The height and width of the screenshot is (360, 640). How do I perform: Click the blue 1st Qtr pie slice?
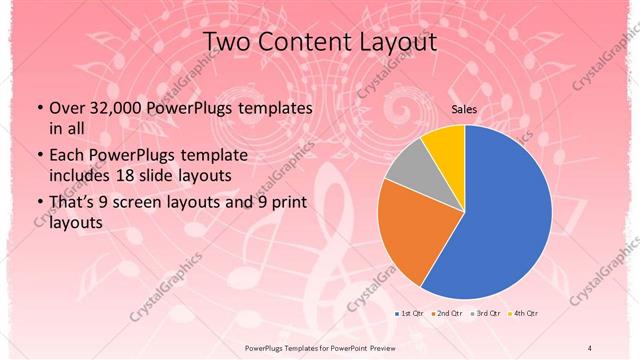[505, 215]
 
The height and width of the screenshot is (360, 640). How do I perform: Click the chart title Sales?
[464, 109]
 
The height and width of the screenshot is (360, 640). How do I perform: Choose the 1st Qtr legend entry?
[409, 313]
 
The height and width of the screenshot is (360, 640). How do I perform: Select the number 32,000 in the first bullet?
[119, 108]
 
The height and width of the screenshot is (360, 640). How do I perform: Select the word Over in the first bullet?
[66, 108]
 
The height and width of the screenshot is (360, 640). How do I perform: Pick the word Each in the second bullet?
[66, 157]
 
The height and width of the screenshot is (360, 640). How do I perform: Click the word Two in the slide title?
[227, 43]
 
